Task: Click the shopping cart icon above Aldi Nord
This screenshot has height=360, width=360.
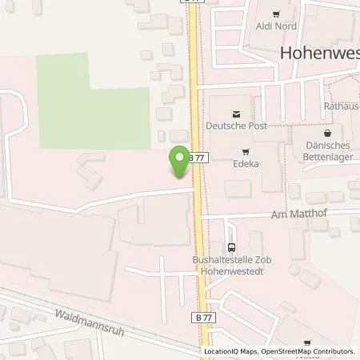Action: [277, 14]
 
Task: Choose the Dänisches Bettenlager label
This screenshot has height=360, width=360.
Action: [329, 151]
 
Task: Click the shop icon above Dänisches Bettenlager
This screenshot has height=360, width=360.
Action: [328, 133]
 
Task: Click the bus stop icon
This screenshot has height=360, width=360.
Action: [232, 248]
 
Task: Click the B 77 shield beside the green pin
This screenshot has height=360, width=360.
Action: [200, 158]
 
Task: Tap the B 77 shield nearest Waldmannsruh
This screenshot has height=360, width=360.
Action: [204, 318]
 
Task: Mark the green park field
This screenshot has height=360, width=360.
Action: [93, 101]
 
